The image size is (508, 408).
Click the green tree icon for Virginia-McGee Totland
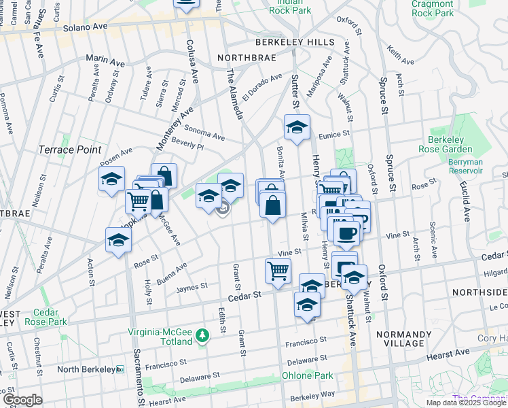click(202, 336)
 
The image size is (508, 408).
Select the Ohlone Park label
click(308, 375)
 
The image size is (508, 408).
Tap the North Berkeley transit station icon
click(121, 369)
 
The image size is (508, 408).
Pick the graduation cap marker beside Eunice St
click(297, 127)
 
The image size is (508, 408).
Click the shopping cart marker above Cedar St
click(278, 270)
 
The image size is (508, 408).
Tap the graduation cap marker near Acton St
click(118, 240)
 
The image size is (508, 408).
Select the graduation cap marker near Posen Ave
click(113, 180)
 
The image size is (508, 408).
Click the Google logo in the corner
click(23, 400)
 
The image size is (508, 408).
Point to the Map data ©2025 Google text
click(466, 403)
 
